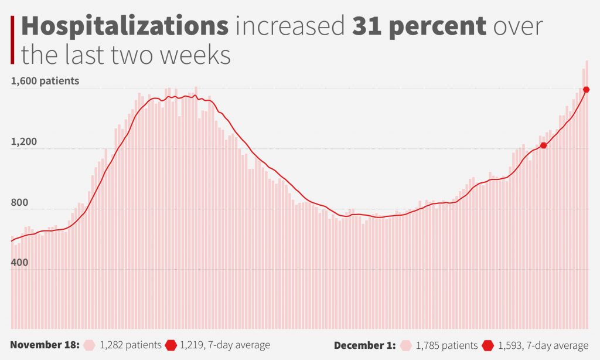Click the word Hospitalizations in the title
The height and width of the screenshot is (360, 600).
tap(125, 28)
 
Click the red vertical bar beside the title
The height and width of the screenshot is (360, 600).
tap(12, 40)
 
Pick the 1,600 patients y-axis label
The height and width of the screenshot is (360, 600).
tap(45, 81)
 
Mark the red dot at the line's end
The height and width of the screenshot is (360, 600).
tap(587, 89)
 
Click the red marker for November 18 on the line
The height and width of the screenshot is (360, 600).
tap(543, 145)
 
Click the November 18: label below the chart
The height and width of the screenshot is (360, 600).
tap(45, 345)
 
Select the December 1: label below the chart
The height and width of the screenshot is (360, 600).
tap(365, 345)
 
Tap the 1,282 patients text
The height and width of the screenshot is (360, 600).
tap(131, 345)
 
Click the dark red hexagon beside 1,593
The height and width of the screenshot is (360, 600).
tap(490, 345)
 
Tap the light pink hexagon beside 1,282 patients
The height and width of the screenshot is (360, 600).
tap(90, 345)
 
